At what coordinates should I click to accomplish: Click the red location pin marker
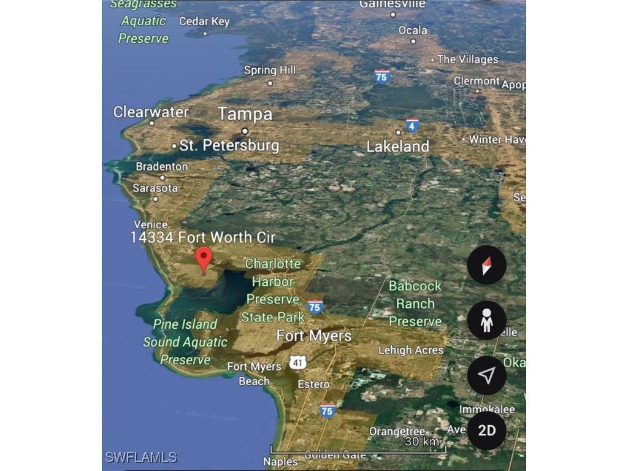204,259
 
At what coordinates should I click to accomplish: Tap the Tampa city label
245,114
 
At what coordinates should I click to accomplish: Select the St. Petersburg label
229,146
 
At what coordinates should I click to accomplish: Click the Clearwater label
151,112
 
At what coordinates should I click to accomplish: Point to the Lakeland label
397,147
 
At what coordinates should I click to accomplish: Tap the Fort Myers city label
314,336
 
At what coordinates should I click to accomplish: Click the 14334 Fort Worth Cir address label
203,237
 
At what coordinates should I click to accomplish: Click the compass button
486,265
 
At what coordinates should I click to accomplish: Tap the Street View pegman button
486,320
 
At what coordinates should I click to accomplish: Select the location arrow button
486,375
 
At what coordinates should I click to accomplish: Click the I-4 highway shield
412,125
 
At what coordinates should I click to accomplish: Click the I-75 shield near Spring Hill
382,76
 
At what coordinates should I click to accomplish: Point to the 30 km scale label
422,442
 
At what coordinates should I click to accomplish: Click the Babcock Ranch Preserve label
415,304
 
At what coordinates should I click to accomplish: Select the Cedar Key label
204,21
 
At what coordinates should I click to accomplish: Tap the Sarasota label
155,188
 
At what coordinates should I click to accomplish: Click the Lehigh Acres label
410,350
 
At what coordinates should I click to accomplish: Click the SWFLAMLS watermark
141,457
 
